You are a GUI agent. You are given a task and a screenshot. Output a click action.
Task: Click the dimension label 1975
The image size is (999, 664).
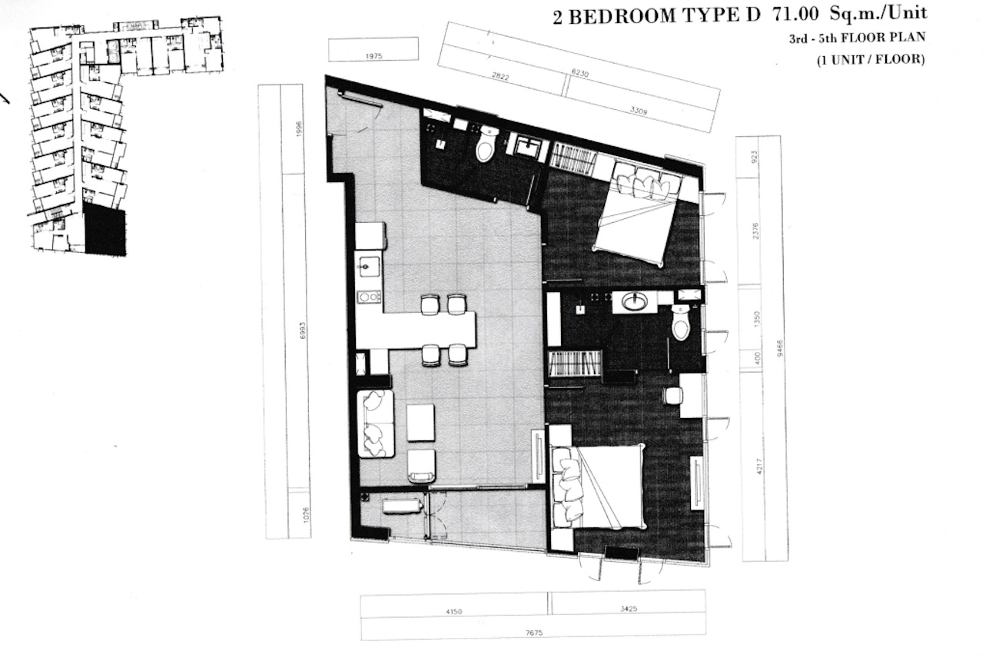(x=373, y=56)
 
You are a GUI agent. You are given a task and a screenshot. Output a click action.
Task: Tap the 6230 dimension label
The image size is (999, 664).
(x=579, y=73)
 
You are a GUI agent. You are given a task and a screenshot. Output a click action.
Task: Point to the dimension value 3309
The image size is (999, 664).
(x=638, y=110)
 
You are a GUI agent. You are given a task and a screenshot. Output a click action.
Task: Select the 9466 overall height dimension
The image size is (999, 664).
(x=779, y=348)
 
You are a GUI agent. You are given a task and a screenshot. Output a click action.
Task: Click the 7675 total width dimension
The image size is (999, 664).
(x=534, y=632)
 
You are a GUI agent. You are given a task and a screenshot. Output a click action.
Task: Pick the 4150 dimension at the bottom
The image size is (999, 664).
(x=453, y=612)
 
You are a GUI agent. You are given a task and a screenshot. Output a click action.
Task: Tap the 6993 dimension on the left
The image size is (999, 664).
(x=304, y=330)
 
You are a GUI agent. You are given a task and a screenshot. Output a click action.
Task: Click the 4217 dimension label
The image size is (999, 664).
(x=760, y=466)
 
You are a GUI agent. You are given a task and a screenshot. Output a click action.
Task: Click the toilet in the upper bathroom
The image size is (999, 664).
(x=486, y=144)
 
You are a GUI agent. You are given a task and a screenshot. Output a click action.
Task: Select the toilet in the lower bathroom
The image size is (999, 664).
(x=681, y=323)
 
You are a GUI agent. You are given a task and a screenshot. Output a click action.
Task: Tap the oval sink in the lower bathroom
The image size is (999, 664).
(x=635, y=302)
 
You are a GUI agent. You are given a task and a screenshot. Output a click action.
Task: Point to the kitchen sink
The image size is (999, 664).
(x=368, y=267)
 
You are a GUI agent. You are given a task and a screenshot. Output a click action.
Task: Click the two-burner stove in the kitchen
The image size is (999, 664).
(x=369, y=297)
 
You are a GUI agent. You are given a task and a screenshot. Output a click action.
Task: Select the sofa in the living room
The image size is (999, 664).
(x=376, y=423)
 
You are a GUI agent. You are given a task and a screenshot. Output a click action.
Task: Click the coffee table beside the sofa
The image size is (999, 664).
(x=420, y=423)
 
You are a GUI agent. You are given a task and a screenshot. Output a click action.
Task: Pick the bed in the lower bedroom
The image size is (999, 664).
(x=599, y=487)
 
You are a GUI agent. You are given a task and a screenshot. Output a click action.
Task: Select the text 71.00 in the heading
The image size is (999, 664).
(x=795, y=15)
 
